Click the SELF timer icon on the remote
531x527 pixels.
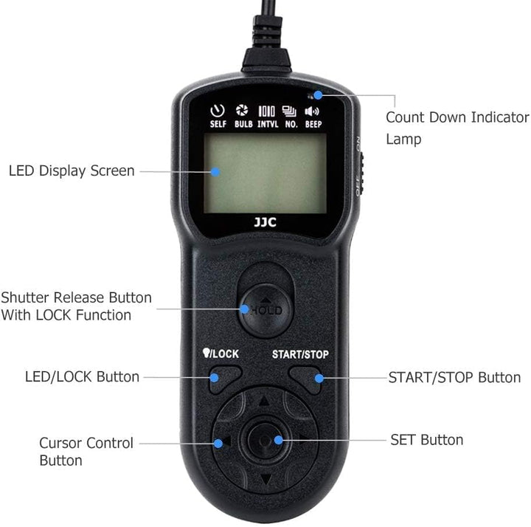click(218, 111)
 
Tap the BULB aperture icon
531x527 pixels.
click(242, 110)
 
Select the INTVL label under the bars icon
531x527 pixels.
click(268, 125)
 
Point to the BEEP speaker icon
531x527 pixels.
click(311, 111)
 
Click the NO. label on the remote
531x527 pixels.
click(291, 125)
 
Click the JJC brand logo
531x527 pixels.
click(265, 222)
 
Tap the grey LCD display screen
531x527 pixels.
click(265, 173)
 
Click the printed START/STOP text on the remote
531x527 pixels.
click(300, 354)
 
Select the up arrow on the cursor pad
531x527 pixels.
click(264, 401)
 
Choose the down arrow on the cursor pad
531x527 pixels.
click(266, 479)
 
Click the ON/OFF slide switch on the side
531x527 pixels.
click(361, 173)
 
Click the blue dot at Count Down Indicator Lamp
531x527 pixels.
click(318, 95)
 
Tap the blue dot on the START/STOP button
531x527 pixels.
click(319, 378)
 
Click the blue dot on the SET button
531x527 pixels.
click(278, 440)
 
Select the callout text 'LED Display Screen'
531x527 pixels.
click(72, 170)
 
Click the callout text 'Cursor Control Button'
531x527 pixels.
click(86, 452)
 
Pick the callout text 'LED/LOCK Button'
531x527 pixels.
click(82, 377)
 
